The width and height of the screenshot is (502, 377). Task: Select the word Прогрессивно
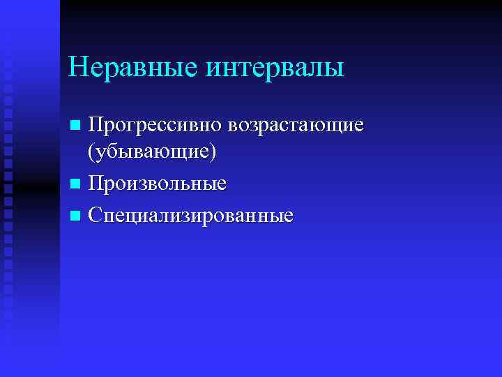click(x=155, y=126)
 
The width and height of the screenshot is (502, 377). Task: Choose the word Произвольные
click(x=157, y=184)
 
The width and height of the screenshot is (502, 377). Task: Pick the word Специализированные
click(x=190, y=214)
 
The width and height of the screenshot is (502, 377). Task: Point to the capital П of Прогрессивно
click(x=95, y=126)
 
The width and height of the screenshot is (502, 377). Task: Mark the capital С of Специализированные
click(x=95, y=214)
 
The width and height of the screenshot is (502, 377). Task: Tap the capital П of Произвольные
click(x=95, y=184)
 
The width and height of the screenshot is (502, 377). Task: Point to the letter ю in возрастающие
click(x=330, y=127)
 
